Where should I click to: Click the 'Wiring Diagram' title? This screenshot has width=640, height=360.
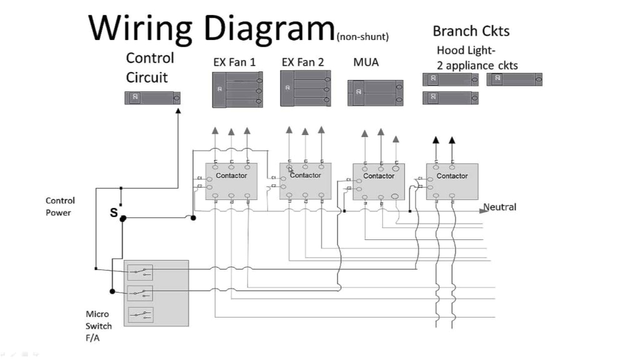coord(211,27)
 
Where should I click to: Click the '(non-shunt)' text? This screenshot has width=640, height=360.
coord(362,37)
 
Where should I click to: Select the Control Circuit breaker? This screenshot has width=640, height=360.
coord(152,97)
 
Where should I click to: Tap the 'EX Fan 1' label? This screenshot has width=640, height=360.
coord(234,62)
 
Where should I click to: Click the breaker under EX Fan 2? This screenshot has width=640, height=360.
coord(304,88)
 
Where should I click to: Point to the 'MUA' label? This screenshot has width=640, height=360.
coord(366,62)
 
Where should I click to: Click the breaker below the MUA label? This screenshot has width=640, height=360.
coord(375,92)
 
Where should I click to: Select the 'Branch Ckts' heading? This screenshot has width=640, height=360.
coord(471,31)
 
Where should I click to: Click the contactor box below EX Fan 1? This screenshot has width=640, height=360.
coord(231,181)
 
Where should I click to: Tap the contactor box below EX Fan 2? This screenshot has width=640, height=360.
coord(305,181)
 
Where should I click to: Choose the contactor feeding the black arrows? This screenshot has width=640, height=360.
coord(452,181)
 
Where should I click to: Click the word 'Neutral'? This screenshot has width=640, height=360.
coord(500,207)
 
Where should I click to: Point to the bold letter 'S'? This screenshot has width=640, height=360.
coord(114,212)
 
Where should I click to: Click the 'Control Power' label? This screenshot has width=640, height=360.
coord(60,206)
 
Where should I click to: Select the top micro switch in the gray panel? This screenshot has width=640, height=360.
coord(140,272)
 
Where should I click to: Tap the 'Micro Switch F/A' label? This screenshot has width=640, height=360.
coord(98,326)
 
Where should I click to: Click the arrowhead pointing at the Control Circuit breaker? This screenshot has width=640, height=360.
coord(178,111)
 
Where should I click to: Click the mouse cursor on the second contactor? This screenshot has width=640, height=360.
coord(291,170)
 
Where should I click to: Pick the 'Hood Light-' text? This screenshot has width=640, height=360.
coord(466,51)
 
